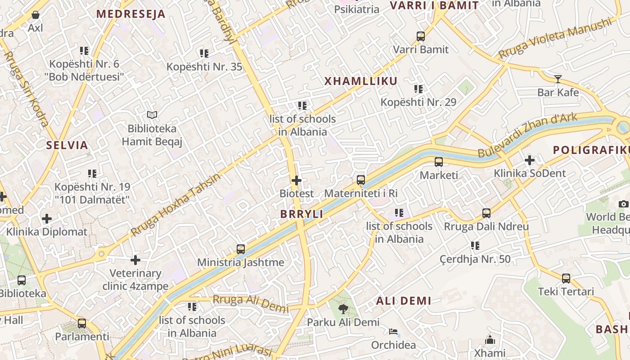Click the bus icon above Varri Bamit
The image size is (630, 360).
click(421, 36)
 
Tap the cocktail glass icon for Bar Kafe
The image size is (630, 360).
click(558, 79)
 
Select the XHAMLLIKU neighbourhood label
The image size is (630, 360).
click(361, 81)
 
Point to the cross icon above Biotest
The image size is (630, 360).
click(297, 180)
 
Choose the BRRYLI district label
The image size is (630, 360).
click(301, 214)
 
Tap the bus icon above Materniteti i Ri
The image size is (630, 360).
click(361, 180)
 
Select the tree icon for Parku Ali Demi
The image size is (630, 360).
click(343, 309)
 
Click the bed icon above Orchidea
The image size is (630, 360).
click(393, 332)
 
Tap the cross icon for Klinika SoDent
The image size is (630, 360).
click(530, 160)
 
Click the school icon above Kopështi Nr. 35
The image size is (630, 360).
click(204, 54)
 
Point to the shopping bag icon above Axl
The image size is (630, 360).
click(36, 15)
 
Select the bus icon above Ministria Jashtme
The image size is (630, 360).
click(241, 249)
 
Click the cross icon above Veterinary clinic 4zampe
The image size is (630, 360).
click(135, 260)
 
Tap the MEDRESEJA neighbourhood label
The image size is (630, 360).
click(131, 14)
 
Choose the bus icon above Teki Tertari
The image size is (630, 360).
click(566, 278)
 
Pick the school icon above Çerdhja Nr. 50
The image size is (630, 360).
click(475, 246)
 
